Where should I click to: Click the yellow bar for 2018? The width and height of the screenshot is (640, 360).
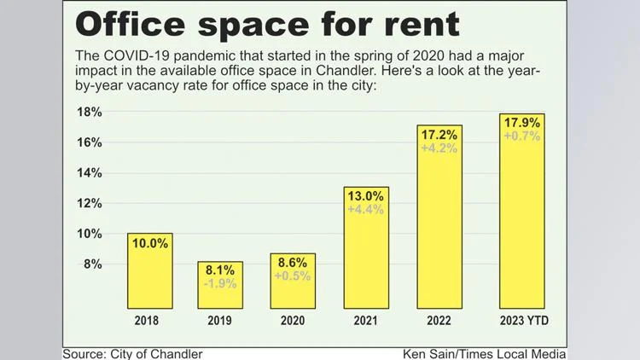[x=149, y=271]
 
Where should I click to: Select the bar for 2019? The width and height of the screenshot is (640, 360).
[x=221, y=286]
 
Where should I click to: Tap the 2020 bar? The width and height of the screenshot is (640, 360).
[x=293, y=282]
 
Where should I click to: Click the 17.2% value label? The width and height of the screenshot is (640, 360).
[x=439, y=135]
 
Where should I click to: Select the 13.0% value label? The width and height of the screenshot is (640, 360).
[x=366, y=195]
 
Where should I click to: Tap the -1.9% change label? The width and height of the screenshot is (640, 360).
[x=221, y=283]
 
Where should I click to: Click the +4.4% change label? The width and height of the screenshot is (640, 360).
[x=366, y=209]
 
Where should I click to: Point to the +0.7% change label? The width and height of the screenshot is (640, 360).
[x=522, y=136]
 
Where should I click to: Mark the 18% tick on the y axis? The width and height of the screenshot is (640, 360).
[x=90, y=112]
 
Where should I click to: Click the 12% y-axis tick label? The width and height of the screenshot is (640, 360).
[x=90, y=203]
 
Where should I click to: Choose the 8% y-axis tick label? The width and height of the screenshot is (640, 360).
[x=93, y=264]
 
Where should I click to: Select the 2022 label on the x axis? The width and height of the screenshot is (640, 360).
[x=439, y=322]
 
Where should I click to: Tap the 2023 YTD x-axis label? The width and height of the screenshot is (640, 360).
[x=522, y=322]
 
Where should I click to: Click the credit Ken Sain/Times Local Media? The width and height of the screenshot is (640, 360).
[x=485, y=353]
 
